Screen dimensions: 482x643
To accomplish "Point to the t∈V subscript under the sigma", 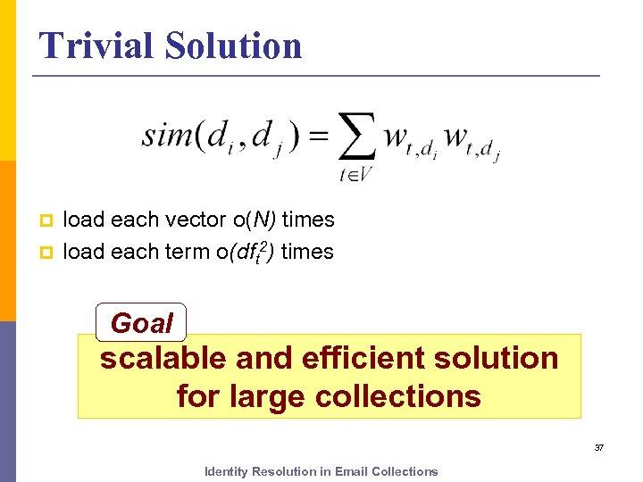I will (355, 175).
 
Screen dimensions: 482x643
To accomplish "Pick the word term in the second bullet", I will (186, 253).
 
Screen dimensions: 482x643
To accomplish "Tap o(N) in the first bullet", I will (246, 220).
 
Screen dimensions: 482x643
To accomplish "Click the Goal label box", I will (141, 322).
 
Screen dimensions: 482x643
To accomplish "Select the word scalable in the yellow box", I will (164, 359).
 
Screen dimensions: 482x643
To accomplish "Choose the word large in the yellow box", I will (262, 395).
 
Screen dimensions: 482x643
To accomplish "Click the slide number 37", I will (599, 447).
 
